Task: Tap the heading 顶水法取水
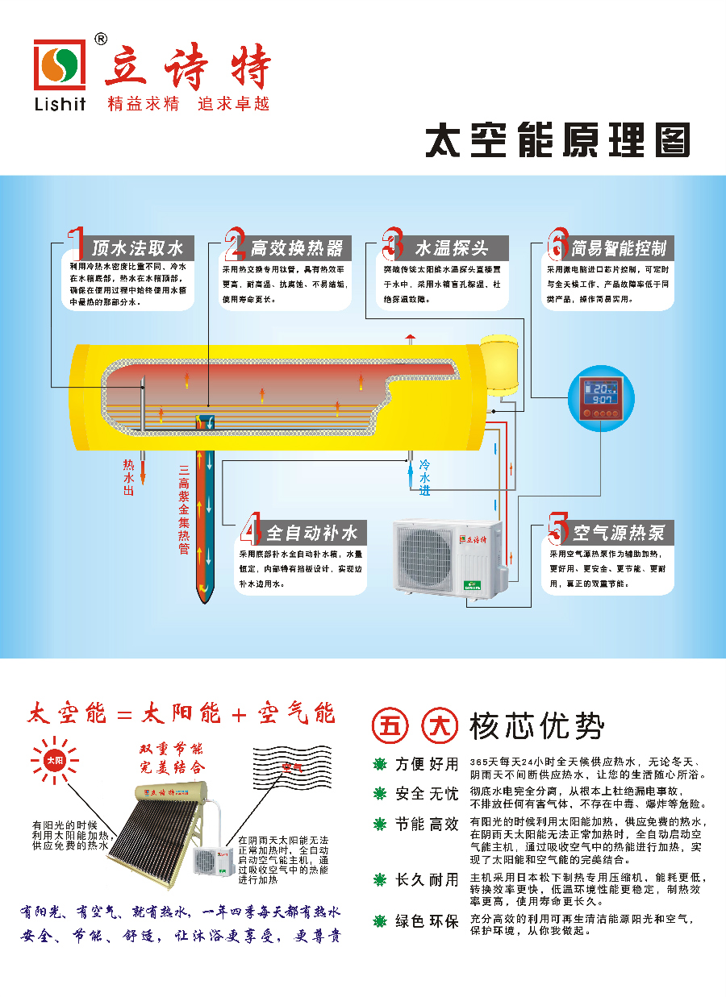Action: click(x=137, y=247)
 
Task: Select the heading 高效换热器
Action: click(x=296, y=247)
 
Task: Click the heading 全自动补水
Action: click(x=311, y=533)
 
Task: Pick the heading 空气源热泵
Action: click(x=618, y=533)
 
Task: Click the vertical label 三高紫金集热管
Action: click(x=184, y=508)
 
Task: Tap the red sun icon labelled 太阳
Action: click(x=53, y=759)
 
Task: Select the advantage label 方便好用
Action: click(x=427, y=764)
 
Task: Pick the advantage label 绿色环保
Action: click(x=427, y=921)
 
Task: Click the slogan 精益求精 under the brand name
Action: click(x=144, y=104)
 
